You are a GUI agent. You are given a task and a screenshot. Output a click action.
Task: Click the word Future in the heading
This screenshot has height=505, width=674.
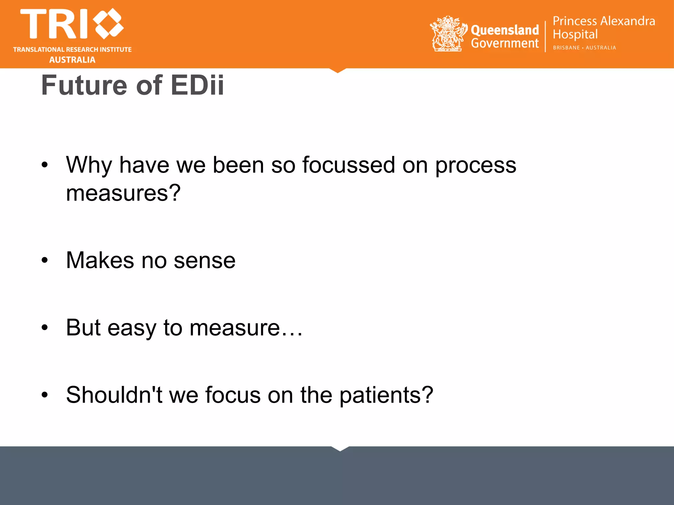[84, 85]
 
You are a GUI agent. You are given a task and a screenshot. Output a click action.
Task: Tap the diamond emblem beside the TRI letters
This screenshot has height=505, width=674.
[108, 23]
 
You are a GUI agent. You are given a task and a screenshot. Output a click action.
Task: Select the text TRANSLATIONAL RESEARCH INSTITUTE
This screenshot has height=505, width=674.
[72, 50]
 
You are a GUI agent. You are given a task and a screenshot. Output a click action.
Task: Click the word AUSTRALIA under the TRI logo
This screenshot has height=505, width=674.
[72, 60]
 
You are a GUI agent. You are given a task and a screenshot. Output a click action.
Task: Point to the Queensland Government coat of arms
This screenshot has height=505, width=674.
[448, 34]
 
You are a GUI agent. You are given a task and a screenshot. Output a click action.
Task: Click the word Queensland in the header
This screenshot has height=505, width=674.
[505, 30]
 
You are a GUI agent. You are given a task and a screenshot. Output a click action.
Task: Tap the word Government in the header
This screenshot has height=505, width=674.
[505, 43]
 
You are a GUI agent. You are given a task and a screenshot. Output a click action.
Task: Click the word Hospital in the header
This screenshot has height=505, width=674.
[575, 35]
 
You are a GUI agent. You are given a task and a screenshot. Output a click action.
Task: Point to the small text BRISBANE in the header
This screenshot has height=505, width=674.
[566, 48]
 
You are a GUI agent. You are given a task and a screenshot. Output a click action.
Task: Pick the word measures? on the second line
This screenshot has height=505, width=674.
[123, 193]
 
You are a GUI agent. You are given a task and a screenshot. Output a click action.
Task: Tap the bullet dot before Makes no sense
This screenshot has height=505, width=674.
[45, 260]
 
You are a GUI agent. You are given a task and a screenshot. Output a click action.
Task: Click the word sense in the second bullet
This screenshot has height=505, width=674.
[204, 260]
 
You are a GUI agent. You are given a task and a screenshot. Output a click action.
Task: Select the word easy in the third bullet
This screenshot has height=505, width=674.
[132, 328]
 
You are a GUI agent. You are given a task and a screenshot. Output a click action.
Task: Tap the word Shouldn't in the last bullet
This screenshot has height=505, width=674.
[114, 395]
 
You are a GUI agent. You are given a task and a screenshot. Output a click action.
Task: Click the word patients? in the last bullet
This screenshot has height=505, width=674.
[386, 395]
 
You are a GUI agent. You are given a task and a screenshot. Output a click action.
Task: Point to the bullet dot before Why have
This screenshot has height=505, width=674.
[45, 165]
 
